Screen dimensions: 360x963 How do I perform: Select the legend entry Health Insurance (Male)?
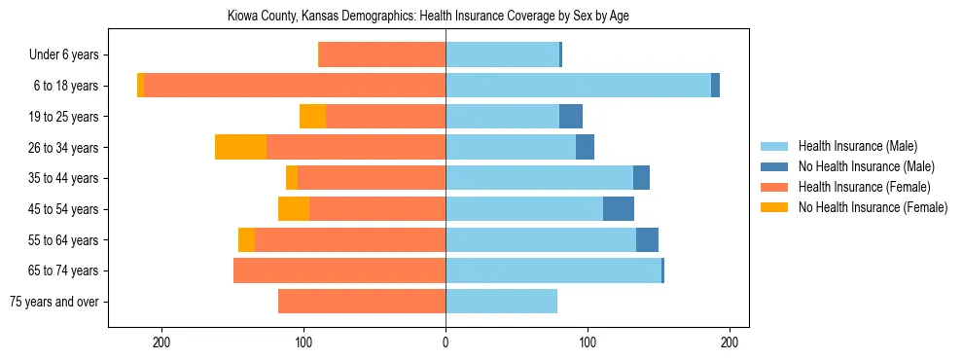tap(857, 146)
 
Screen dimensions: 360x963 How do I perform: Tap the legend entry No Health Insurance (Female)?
tap(872, 207)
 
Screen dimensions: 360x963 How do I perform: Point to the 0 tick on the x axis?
tap(446, 342)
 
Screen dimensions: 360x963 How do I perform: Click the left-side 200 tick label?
tap(161, 342)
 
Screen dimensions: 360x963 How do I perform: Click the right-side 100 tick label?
tap(588, 342)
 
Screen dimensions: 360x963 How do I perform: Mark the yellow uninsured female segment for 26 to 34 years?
tap(240, 147)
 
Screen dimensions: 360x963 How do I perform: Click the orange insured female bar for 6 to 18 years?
tap(295, 86)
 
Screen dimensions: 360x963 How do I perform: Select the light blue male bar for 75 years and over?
tap(501, 302)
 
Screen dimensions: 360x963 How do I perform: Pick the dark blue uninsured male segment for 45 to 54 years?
tap(619, 209)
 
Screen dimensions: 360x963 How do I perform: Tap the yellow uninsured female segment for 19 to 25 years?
tap(312, 117)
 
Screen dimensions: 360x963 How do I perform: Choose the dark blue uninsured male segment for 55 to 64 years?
tap(647, 239)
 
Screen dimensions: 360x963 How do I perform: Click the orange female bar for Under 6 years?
tap(382, 55)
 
